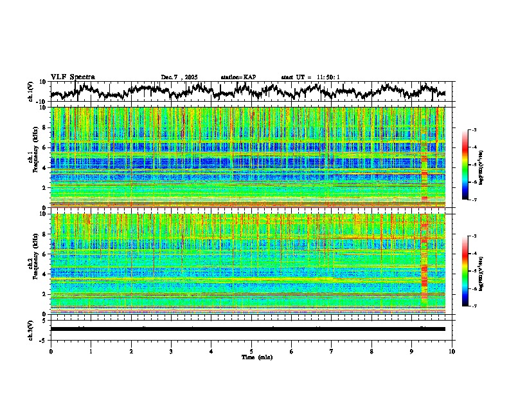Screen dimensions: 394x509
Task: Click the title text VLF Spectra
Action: click(x=73, y=77)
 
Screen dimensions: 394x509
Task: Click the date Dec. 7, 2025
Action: click(x=181, y=77)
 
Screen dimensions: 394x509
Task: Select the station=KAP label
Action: click(x=238, y=77)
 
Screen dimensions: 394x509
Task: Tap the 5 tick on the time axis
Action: click(x=251, y=351)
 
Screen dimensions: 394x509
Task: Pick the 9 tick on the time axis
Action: click(x=412, y=351)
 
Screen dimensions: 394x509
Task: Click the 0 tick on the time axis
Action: click(x=51, y=351)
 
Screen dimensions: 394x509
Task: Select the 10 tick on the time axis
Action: click(x=452, y=351)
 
